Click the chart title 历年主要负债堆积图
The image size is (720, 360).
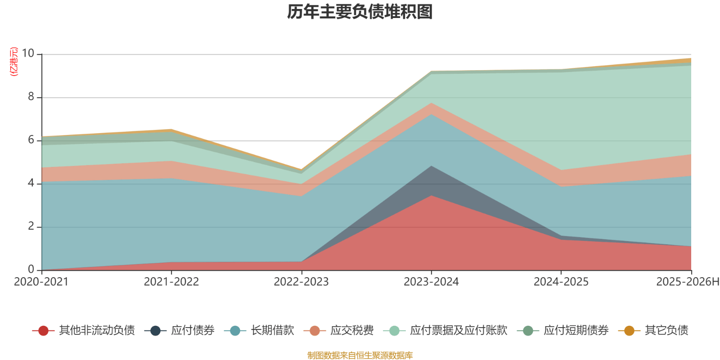pos(360,12)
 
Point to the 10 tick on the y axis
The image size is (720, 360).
pos(28,54)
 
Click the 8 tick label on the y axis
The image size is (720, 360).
pos(31,97)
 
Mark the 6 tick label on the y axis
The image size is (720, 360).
pos(31,140)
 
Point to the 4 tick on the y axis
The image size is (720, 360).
pos(31,183)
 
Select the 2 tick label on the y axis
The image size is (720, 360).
pos(31,226)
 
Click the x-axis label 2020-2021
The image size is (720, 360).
pos(41,282)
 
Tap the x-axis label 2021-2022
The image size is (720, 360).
pos(171,282)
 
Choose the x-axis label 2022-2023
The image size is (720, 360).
pos(301,282)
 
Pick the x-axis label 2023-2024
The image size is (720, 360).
pos(431,282)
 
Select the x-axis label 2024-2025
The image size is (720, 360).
pos(561,282)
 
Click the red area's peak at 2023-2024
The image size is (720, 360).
pos(431,196)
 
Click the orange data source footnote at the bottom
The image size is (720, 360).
pos(360,355)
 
